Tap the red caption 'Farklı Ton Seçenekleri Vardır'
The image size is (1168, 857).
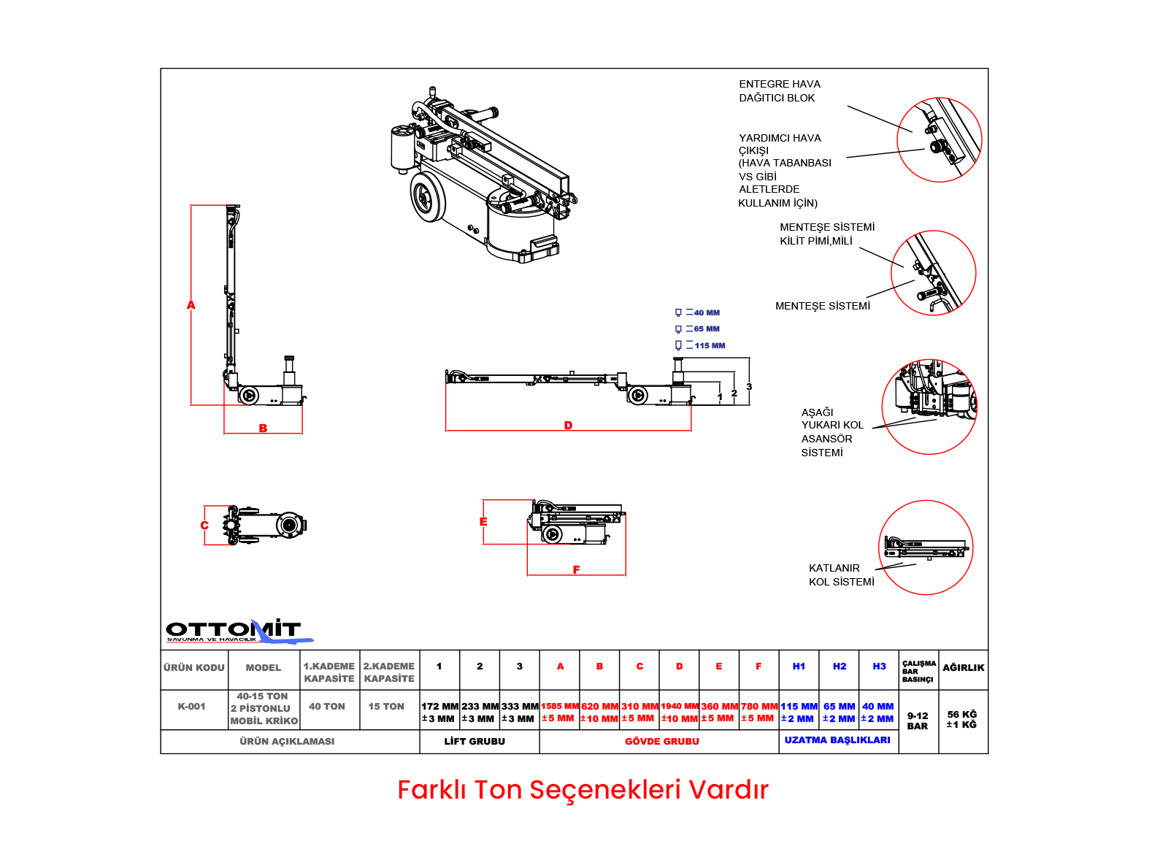coord(583,790)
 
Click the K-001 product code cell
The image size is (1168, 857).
coord(192,707)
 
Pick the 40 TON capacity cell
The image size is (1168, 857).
coord(327,707)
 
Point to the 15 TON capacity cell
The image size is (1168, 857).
coord(386,707)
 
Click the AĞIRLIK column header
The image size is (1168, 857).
coord(963,668)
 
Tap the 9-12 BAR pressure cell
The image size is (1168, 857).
coord(918,721)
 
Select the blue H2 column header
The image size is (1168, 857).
coord(839,666)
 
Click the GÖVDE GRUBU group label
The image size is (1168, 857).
coord(662,742)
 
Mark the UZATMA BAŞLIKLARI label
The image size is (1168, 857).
coord(837,740)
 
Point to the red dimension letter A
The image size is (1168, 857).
coord(191,305)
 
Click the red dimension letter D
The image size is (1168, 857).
coord(568,426)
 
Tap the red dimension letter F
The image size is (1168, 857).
coord(576,570)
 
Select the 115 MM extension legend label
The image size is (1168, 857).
coord(710,346)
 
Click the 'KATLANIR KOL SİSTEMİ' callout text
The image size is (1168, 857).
coord(841,574)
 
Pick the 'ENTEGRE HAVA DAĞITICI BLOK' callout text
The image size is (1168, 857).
coord(779,91)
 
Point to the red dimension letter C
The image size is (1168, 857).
coord(204,526)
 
